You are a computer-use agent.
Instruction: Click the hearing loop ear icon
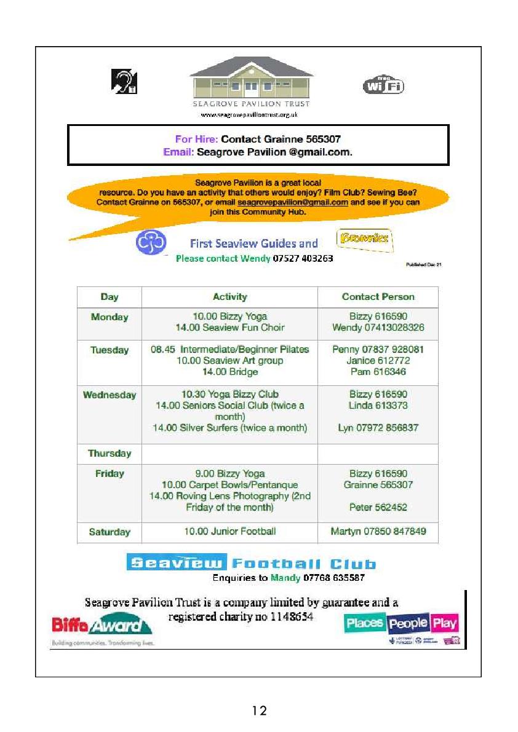[x=124, y=82]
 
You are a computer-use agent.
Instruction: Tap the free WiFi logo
[x=383, y=85]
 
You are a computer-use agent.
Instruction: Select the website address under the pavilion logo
[x=250, y=115]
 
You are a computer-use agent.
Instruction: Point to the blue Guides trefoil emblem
[x=151, y=242]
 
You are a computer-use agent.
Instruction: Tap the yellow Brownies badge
[x=365, y=239]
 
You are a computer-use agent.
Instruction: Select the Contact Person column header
[x=378, y=297]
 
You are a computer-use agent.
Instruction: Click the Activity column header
[x=229, y=297]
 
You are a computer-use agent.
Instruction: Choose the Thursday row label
[x=110, y=454]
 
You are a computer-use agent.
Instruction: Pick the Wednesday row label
[x=110, y=395]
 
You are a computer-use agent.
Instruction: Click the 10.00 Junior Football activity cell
[x=229, y=532]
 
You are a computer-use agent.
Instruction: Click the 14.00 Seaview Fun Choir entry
[x=229, y=328]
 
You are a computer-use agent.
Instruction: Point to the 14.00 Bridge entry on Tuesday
[x=229, y=372]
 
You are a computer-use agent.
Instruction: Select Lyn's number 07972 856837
[x=378, y=428]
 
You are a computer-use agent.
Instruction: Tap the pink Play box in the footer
[x=444, y=623]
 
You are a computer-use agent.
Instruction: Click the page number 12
[x=259, y=711]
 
